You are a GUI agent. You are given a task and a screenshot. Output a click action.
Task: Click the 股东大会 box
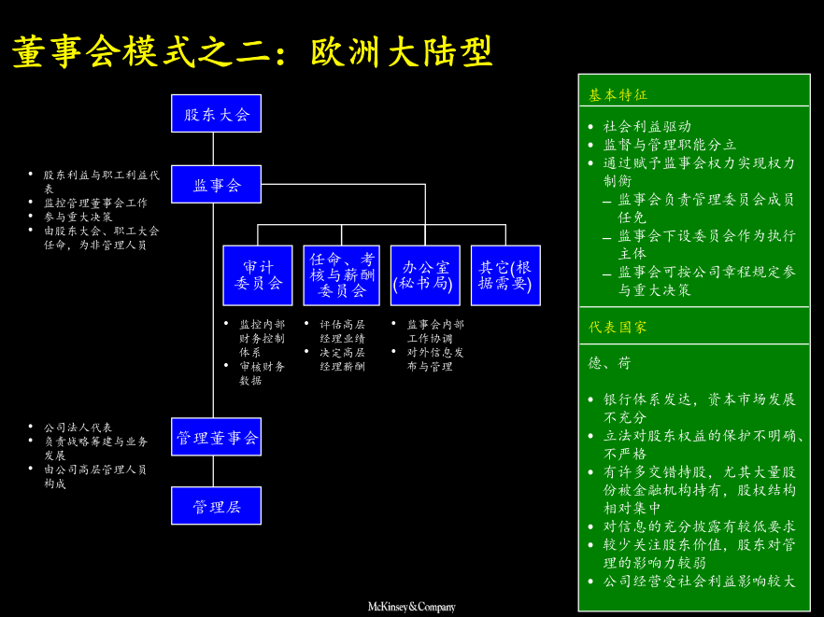tap(216, 114)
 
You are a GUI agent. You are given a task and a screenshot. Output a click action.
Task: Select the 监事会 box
tap(216, 185)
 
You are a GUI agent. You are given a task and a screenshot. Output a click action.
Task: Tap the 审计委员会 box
tap(257, 275)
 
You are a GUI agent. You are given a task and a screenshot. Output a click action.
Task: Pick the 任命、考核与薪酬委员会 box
tap(341, 275)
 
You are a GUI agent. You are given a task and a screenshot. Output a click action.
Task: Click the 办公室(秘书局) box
tap(425, 275)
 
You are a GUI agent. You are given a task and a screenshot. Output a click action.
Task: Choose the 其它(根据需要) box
tap(505, 275)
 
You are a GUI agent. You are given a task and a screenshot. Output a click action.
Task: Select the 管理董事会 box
tap(216, 437)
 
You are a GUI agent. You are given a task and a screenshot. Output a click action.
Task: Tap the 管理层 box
tap(216, 506)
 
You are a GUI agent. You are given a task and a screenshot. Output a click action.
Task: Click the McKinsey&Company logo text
tap(411, 607)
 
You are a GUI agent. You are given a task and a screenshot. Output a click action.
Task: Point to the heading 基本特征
tap(618, 95)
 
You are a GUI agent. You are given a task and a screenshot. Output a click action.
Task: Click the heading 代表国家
tap(618, 328)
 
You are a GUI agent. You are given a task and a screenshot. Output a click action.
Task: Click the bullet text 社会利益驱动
tap(647, 127)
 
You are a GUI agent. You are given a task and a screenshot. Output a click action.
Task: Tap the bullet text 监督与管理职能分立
tap(670, 145)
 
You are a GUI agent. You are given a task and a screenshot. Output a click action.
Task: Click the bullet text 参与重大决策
tap(78, 217)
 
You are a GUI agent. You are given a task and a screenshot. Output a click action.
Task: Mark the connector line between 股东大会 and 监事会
tap(214, 148)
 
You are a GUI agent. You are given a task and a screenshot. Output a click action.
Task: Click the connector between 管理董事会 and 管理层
tap(214, 471)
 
